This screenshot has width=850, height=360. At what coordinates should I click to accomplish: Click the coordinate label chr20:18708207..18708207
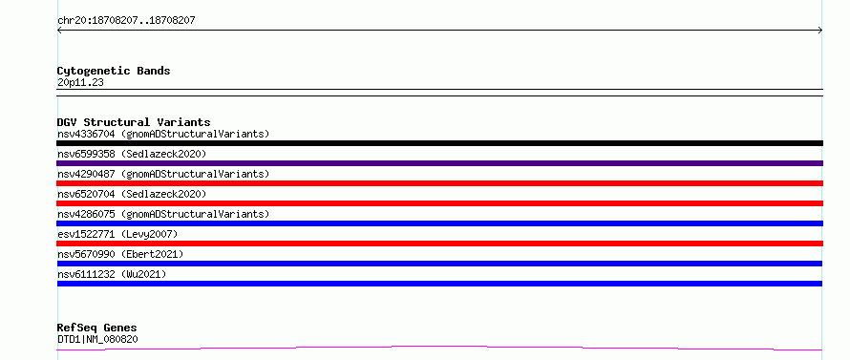click(126, 21)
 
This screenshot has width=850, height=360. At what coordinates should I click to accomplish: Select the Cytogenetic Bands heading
click(114, 71)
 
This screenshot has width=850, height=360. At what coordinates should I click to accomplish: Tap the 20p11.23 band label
click(80, 83)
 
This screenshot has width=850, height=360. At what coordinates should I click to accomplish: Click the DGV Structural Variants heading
click(134, 122)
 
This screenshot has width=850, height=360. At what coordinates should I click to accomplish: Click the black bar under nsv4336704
click(439, 143)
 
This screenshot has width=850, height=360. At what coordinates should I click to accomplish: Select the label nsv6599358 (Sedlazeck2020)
click(132, 154)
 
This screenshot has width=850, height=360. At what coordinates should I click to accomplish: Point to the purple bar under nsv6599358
click(439, 163)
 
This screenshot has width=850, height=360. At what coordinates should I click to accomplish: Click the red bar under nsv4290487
click(439, 183)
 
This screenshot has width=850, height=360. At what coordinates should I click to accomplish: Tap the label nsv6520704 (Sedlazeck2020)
click(132, 194)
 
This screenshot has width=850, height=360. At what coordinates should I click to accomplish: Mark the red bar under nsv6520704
click(439, 203)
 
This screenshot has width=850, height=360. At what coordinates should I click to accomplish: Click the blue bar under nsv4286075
click(439, 223)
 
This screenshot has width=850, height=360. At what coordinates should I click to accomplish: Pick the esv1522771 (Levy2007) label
click(117, 234)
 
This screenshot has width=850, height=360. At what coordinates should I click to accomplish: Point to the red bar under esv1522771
click(439, 244)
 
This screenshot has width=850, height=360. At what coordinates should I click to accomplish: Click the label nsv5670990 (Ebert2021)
click(120, 254)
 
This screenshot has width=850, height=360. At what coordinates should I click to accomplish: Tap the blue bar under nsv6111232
click(439, 284)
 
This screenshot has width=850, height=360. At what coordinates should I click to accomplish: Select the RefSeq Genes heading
click(96, 328)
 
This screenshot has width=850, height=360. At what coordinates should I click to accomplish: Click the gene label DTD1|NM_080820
click(97, 339)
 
